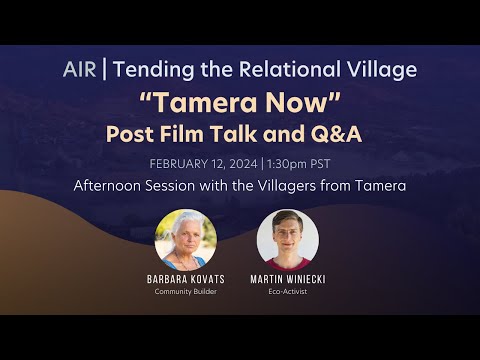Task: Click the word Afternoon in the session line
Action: point(113,186)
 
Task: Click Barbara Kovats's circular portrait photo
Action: point(186,240)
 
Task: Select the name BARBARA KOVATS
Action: point(186,280)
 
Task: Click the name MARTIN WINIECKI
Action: point(287,280)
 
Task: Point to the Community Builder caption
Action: point(186,291)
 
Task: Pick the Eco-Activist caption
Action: point(287,291)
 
